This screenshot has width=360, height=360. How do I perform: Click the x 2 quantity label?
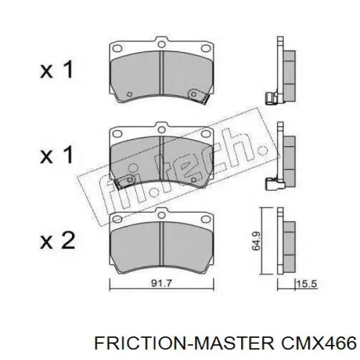58,241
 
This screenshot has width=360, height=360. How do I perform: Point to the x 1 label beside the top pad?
58,71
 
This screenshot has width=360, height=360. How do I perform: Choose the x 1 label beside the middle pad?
58,156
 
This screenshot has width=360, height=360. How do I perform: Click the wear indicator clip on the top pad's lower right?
197,94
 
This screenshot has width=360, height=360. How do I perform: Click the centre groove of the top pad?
163,72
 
